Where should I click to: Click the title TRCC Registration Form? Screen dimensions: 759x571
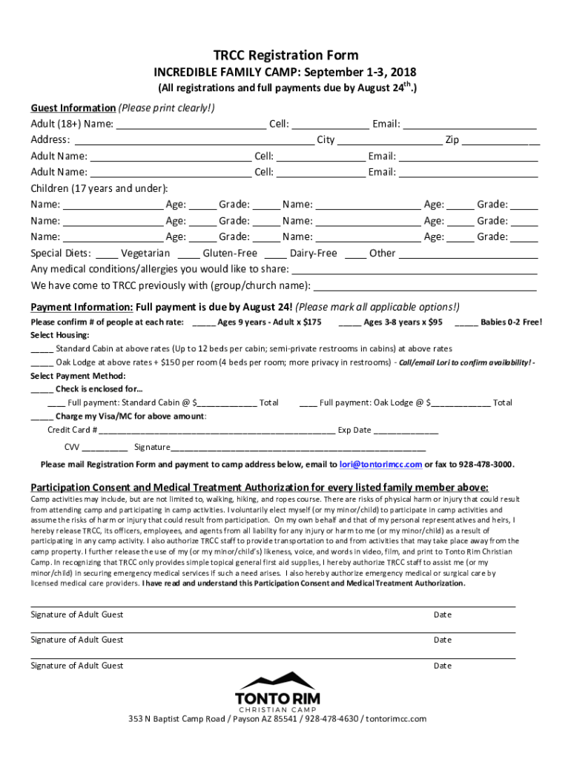pyautogui.click(x=285, y=56)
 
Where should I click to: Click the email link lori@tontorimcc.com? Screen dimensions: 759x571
pyautogui.click(x=380, y=465)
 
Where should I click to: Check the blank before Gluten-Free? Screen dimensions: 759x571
pyautogui.click(x=188, y=254)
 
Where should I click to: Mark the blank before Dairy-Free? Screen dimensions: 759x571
pyautogui.click(x=274, y=254)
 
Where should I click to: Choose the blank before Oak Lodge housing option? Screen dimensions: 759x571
pyautogui.click(x=42, y=363)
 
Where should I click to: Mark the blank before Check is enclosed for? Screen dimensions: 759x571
pyautogui.click(x=42, y=390)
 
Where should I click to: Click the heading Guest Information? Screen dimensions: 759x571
pyautogui.click(x=73, y=108)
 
